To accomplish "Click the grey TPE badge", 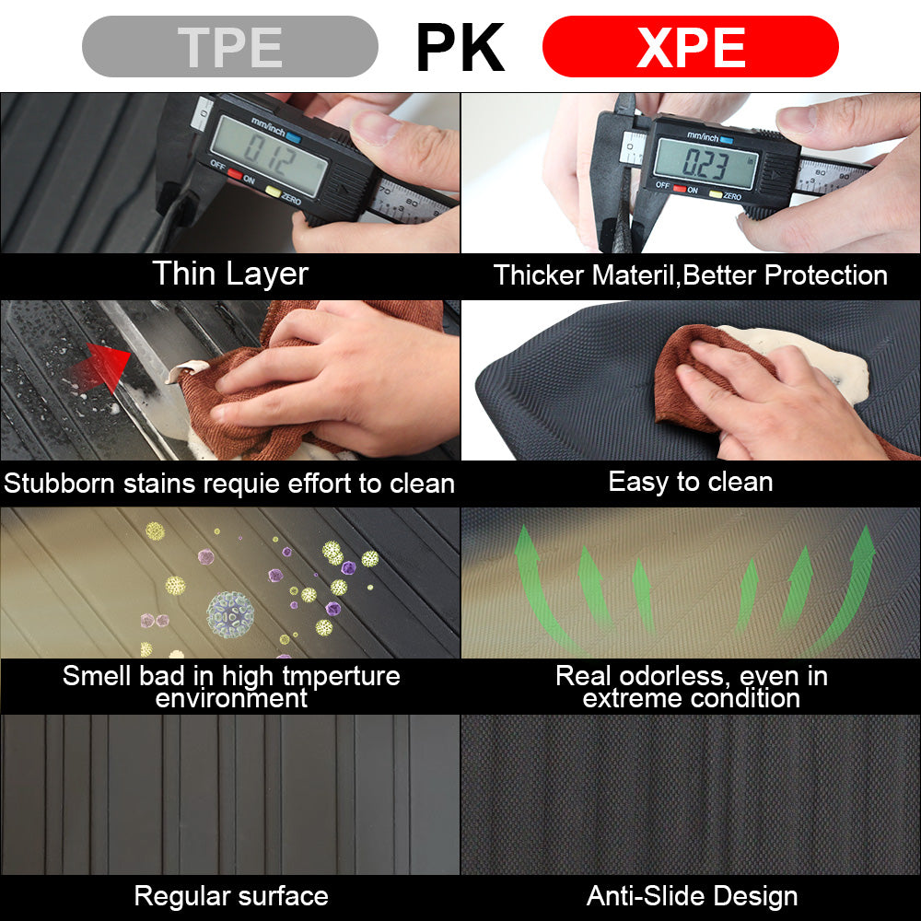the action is pos(229,46).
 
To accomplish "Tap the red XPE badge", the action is pos(690,46).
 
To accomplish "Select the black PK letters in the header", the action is pos(460,47).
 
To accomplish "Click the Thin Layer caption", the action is pos(230,274).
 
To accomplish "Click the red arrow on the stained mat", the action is pos(99,367).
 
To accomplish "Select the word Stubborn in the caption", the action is pos(59,484).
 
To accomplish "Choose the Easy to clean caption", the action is pos(690,483).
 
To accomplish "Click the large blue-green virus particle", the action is pos(230,614).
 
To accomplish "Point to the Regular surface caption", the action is pos(231,896).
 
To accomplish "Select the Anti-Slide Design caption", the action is pos(692,896).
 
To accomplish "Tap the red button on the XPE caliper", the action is pos(680,189).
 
